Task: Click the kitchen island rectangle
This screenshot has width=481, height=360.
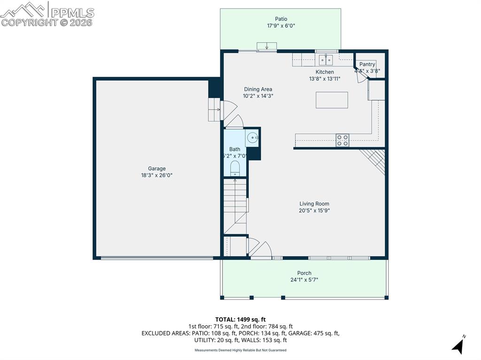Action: [332, 100]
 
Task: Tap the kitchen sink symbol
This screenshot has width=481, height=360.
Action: [326, 60]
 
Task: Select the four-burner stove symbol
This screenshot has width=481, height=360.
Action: [342, 140]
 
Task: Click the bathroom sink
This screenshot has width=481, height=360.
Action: [252, 138]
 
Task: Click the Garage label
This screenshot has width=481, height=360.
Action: [157, 169]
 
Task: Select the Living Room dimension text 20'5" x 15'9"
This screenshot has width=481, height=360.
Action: [314, 211]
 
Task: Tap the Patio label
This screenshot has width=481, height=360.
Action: [281, 19]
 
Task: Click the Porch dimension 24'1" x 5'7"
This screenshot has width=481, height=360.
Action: [304, 280]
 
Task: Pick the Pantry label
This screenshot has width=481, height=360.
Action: [367, 64]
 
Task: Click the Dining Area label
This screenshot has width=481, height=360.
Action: [258, 89]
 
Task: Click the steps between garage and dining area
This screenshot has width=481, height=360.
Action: [215, 109]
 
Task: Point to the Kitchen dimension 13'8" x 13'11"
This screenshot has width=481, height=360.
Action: [325, 79]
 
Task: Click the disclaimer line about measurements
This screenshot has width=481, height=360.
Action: [240, 350]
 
